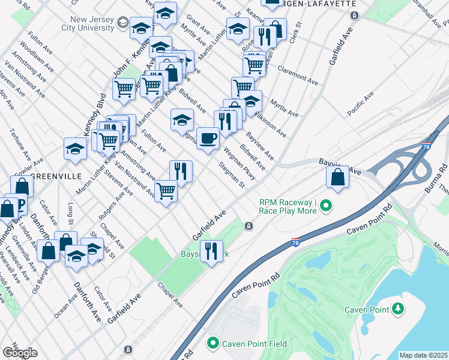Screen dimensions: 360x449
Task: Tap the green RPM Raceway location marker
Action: click(326, 206)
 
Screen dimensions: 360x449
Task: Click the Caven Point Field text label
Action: click(255, 344)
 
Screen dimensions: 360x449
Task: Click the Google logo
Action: click(20, 353)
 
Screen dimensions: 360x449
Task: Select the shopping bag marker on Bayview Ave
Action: click(337, 177)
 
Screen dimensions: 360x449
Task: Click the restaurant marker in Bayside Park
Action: click(211, 251)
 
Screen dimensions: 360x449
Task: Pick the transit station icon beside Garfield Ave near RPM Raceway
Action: click(249, 226)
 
